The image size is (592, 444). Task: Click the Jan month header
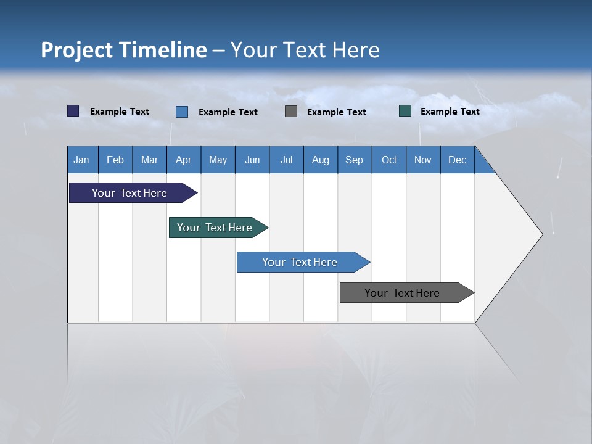[82, 160]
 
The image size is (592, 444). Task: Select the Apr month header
[184, 160]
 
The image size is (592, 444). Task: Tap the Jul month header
[286, 160]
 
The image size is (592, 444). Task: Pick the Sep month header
[355, 160]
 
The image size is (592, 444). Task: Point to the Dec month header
[457, 160]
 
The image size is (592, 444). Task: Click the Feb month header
[115, 160]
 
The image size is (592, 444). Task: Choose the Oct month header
[389, 160]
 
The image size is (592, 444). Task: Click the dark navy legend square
[73, 111]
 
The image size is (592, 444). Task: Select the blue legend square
[182, 112]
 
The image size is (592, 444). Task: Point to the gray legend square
[291, 112]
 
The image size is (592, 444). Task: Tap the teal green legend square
[405, 111]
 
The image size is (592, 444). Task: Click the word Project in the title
[76, 50]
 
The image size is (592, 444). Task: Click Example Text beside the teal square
[450, 111]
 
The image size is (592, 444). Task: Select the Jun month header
[252, 160]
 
